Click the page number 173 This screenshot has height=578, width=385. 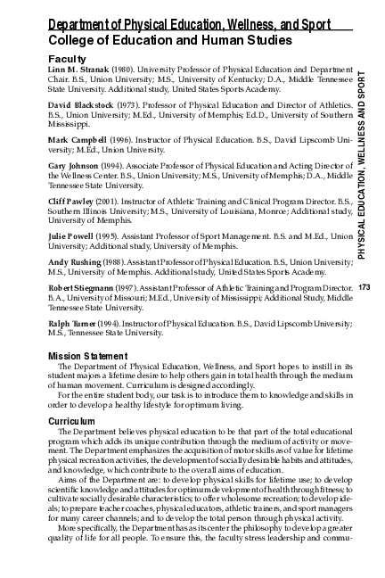[364, 288]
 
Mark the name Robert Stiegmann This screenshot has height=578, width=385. [83, 289]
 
